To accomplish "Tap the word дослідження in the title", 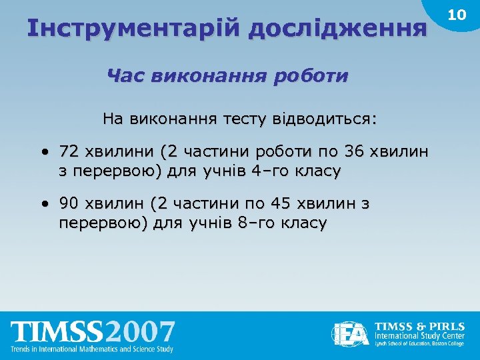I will click(337, 28).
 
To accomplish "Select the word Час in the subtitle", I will click(127, 75).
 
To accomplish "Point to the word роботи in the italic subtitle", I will click(314, 75).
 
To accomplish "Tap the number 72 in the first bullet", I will click(68, 151).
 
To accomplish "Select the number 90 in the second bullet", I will click(68, 203).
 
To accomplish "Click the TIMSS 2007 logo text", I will click(93, 332).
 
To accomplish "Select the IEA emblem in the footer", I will click(351, 333).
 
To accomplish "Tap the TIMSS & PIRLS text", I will click(420, 326).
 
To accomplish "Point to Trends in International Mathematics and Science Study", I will click(93, 349).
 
